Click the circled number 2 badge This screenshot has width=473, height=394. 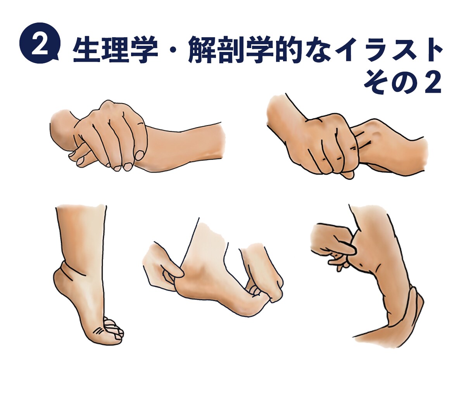40,43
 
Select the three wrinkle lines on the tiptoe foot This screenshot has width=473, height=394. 98,331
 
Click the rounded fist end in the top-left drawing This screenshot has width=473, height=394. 62,127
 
